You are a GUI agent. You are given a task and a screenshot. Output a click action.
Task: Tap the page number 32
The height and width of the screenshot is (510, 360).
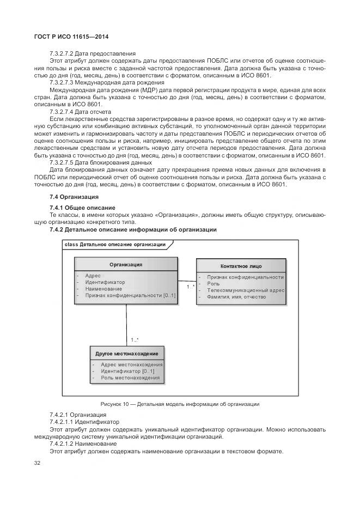tap(37, 463)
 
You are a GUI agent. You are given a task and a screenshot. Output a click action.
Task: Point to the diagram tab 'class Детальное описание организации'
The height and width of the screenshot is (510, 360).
tap(115, 245)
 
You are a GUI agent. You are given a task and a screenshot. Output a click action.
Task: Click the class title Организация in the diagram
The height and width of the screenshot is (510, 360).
tap(126, 264)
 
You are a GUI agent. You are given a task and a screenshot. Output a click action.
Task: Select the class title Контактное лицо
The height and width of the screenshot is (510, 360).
tap(241, 266)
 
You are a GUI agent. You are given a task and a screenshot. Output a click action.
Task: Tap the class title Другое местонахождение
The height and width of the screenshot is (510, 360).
tap(126, 354)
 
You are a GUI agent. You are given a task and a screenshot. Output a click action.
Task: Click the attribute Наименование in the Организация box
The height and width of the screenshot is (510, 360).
tap(103, 289)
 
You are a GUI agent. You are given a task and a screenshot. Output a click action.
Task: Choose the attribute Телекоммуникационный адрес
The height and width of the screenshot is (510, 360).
tap(245, 290)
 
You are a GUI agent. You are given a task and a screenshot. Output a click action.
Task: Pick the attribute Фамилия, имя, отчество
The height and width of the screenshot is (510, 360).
tap(236, 297)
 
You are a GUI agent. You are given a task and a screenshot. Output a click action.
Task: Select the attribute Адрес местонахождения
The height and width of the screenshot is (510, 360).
tap(131, 365)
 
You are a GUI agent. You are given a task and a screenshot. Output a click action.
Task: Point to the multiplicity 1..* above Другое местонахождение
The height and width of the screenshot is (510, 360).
tap(135, 341)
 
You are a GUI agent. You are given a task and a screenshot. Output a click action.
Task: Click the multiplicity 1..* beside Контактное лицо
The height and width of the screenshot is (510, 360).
tap(190, 286)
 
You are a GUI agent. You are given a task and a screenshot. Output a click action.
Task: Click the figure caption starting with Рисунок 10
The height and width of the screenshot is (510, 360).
tap(180, 404)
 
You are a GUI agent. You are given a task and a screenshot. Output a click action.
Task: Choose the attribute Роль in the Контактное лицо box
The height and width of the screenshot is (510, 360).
tap(213, 284)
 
